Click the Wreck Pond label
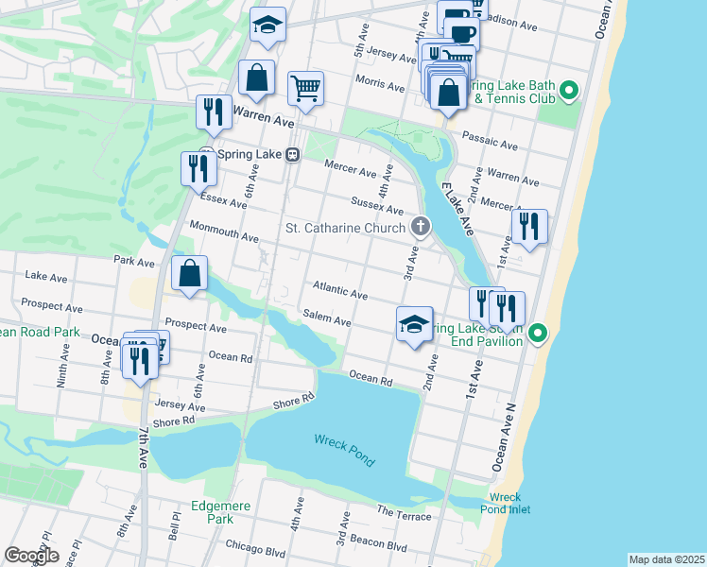point(344,450)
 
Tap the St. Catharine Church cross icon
point(421,227)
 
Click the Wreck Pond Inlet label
point(509,503)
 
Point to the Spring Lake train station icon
point(294,155)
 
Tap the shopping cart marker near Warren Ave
point(305,90)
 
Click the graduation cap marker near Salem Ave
point(414,325)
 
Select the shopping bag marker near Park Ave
point(190,274)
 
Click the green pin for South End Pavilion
point(538,333)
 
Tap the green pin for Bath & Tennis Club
point(568,92)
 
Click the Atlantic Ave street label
point(339,291)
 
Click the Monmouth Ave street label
point(224,231)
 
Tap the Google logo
point(32,556)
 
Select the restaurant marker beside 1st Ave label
point(529,227)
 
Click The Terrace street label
point(405,512)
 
